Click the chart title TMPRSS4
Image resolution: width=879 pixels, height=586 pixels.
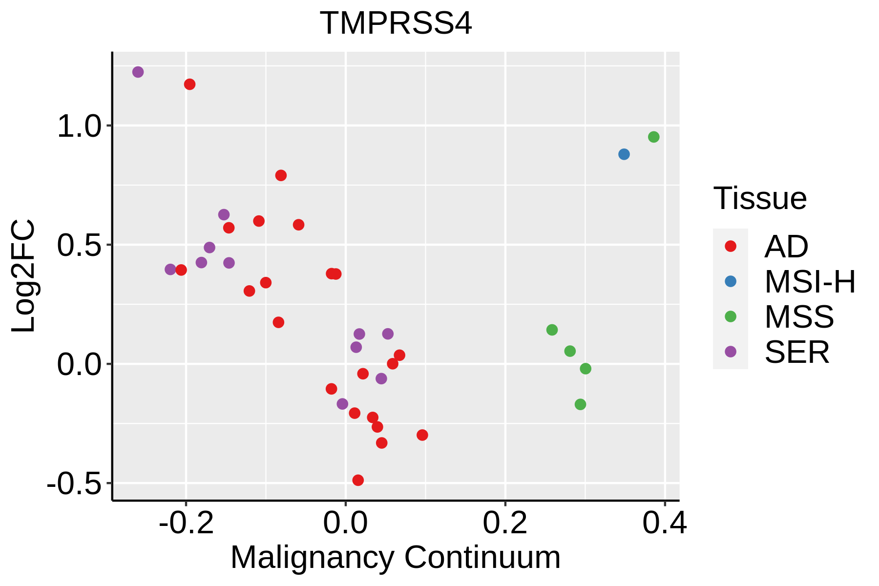tap(396, 23)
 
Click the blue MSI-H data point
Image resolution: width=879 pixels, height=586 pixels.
tap(624, 154)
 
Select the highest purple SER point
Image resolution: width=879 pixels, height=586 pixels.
tap(138, 72)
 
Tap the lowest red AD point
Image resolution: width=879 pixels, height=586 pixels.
tap(358, 480)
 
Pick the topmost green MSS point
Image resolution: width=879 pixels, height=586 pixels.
tap(653, 137)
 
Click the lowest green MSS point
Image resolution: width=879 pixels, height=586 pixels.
tap(580, 404)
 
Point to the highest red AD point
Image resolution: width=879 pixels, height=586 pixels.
tap(190, 84)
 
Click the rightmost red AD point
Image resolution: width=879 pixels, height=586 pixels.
tap(422, 435)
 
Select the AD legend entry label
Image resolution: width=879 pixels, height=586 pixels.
tap(786, 247)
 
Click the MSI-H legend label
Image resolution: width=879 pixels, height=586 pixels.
tap(810, 282)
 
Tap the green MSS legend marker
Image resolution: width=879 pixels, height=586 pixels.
tap(731, 316)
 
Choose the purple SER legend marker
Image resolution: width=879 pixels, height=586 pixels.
tap(731, 352)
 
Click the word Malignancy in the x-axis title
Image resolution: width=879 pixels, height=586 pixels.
tap(312, 558)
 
